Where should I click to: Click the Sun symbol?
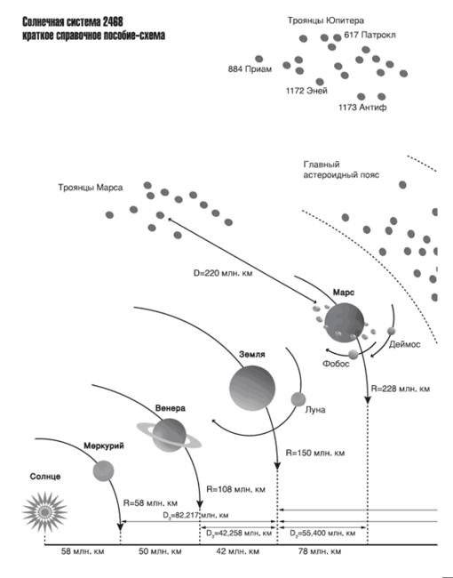point(45,511)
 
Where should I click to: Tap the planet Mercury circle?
point(104,470)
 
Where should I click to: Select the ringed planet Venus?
point(170,436)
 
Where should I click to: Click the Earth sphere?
point(252,388)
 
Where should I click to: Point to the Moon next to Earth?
point(298,399)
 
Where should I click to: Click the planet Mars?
point(345,323)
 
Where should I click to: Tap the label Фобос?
point(336,364)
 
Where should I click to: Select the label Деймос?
point(405,344)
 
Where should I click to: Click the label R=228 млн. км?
point(401,389)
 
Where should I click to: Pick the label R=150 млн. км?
point(315,453)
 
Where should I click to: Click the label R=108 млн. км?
point(235,490)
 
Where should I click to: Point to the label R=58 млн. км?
point(150,502)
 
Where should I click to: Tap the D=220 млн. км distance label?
point(223,273)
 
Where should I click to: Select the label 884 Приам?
point(250,69)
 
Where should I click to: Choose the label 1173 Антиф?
point(362,108)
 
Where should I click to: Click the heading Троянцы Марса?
point(91,188)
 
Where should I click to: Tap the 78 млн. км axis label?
point(319,551)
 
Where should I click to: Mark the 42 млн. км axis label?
point(237,551)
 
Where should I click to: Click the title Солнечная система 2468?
point(73,22)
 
